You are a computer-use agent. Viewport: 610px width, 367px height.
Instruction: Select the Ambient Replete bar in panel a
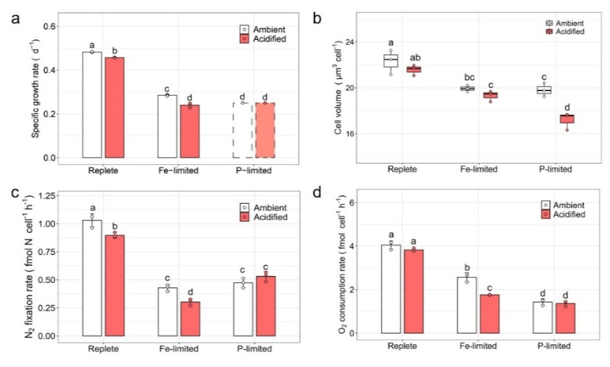click(x=92, y=105)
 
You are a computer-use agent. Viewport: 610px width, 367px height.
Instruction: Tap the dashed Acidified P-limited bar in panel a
click(x=265, y=131)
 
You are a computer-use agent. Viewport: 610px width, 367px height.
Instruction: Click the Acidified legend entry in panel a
click(x=265, y=40)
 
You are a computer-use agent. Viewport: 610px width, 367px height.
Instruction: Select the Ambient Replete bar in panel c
click(x=92, y=278)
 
